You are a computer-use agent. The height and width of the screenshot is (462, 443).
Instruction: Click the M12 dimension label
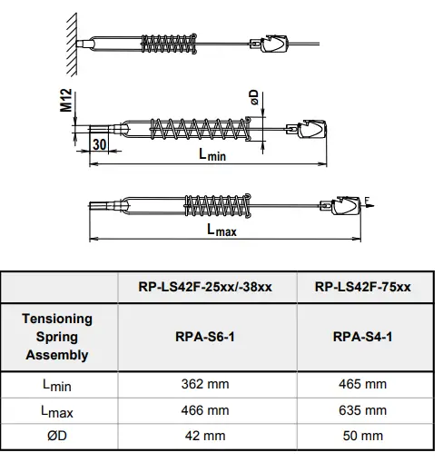(x=66, y=100)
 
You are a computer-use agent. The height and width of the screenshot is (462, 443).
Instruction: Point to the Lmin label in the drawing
(x=212, y=155)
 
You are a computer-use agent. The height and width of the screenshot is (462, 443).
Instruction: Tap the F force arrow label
(x=368, y=199)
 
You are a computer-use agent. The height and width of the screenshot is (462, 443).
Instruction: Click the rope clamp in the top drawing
(x=275, y=44)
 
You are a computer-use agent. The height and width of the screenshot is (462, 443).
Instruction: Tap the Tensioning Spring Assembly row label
(x=57, y=337)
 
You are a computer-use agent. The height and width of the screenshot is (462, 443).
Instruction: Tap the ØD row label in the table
(x=57, y=436)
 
